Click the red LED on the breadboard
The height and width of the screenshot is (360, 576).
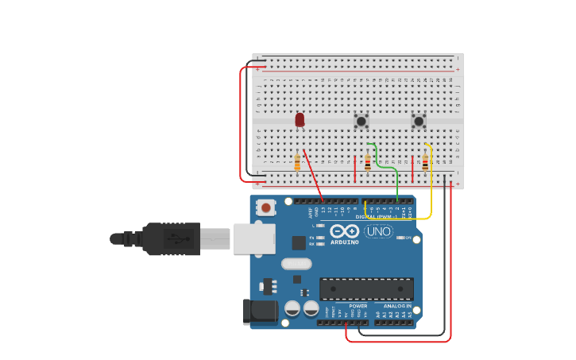[300, 119]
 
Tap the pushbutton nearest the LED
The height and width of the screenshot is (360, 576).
[361, 121]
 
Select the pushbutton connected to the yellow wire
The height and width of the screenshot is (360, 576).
[419, 121]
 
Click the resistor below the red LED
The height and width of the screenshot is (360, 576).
[297, 163]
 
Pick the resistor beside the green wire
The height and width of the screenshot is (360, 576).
[368, 164]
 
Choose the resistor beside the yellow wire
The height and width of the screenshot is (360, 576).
[425, 164]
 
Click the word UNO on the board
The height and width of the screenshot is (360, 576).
[378, 231]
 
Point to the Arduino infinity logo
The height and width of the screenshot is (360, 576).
[346, 231]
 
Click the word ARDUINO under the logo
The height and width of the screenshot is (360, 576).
[345, 242]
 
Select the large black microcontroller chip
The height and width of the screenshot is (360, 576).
[366, 288]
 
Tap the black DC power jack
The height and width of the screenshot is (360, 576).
[261, 311]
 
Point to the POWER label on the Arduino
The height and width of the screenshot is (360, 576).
[358, 306]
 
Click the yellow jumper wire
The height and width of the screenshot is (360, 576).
[431, 191]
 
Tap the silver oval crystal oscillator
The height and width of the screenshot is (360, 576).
[296, 264]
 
